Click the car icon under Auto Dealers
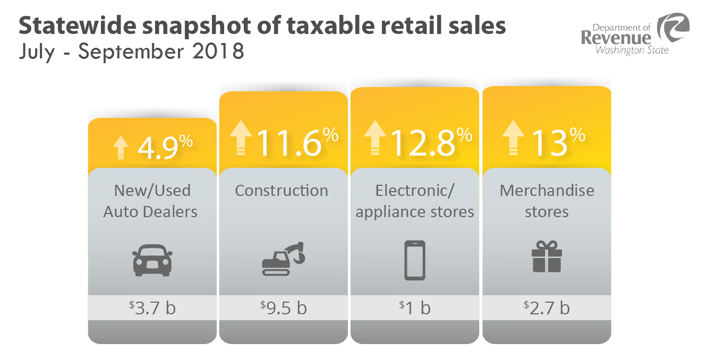152,260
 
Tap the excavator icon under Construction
284,259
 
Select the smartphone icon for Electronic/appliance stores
415,260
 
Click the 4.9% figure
165,148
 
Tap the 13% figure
557,142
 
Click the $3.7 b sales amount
152,307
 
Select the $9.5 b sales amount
284,307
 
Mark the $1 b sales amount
415,307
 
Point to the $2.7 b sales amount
547,307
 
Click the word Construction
282,191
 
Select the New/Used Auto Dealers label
151,201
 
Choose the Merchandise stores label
547,201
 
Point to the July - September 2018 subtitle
131,52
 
